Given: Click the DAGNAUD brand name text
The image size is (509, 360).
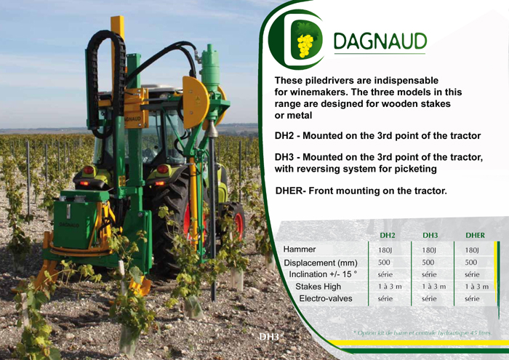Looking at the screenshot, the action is click(380, 41).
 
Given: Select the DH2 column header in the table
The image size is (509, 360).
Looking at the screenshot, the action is click(387, 236).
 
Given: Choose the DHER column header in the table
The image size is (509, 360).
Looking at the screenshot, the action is click(475, 236).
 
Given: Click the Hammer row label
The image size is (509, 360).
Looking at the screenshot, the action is click(300, 249).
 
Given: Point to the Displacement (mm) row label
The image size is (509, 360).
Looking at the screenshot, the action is click(321, 263).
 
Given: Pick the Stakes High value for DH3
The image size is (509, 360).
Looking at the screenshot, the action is click(434, 287).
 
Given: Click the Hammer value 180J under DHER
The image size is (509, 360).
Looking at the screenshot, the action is click(472, 250).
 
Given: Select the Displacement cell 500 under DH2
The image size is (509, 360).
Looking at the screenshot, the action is click(384, 263).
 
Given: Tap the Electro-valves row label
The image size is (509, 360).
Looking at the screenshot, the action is click(326, 299).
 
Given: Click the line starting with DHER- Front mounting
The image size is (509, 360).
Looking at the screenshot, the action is click(361, 191).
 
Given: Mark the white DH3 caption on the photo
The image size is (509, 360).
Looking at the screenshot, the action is click(269, 337).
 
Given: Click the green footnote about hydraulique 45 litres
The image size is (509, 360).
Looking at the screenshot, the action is click(422, 333).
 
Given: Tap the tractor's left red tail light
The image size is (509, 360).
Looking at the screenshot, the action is click(88, 169).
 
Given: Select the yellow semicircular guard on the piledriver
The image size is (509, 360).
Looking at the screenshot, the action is click(196, 102).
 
